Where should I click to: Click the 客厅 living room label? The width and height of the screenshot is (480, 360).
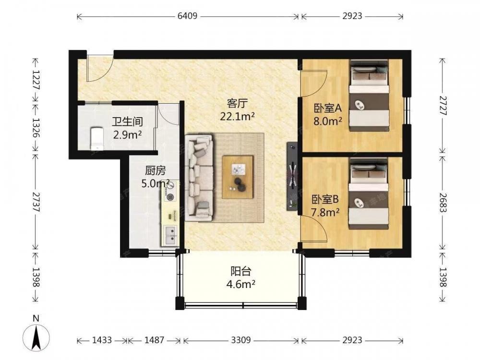click(237, 104)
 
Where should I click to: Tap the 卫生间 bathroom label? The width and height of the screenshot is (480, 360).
click(127, 121)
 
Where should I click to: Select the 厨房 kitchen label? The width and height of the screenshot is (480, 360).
click(155, 170)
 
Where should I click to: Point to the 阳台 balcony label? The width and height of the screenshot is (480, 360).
click(240, 271)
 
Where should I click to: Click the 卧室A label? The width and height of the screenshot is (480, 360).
click(327, 108)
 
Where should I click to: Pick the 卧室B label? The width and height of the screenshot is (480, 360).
click(325, 200)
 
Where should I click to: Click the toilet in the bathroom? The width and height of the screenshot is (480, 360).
click(97, 139)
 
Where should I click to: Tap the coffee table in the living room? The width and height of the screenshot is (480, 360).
click(238, 177)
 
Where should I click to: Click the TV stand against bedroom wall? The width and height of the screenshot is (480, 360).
click(292, 176)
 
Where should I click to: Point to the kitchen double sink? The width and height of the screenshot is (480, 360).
click(171, 235)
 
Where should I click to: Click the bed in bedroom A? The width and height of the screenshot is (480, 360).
click(369, 95)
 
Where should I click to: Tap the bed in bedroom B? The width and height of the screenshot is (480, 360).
click(369, 193)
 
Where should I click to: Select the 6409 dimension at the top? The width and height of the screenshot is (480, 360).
click(187, 16)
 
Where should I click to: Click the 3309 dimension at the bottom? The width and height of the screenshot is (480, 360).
click(241, 340)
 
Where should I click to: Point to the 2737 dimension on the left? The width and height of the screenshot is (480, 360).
click(36, 202)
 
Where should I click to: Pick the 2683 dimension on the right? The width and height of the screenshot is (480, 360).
click(443, 202)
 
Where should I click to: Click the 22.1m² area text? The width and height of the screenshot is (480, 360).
click(237, 116)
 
